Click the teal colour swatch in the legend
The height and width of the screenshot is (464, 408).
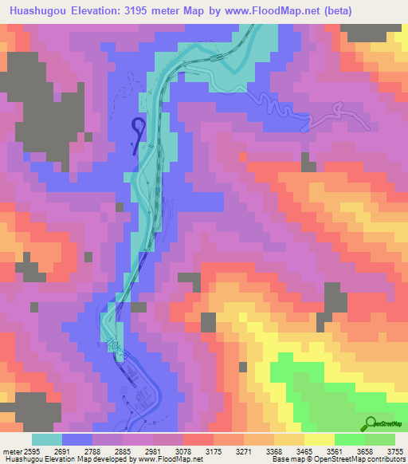[x=47, y=438]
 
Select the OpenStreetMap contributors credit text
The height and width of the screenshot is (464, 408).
[x=359, y=459]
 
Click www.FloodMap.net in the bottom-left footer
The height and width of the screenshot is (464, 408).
[x=169, y=459]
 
